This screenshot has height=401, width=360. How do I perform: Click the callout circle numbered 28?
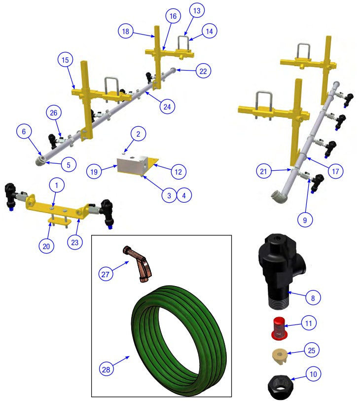106,369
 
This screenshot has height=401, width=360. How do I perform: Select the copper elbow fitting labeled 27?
138,264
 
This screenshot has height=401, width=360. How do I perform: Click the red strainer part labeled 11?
279,329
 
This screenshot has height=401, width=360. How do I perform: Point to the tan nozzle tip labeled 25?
280,357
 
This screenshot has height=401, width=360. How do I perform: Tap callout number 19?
94,171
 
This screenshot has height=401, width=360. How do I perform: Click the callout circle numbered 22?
203,71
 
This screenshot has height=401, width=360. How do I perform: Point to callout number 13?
197,10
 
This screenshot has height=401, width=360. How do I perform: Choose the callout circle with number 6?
24,132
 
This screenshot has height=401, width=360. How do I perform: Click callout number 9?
305,219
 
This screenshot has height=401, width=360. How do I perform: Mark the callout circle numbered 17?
335,171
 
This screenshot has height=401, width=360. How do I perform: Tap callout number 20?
46,246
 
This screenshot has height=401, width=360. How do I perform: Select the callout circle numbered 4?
184,196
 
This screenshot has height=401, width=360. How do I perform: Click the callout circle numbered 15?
65,60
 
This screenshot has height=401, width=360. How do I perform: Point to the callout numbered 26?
53,113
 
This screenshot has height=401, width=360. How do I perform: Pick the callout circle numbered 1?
57,185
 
